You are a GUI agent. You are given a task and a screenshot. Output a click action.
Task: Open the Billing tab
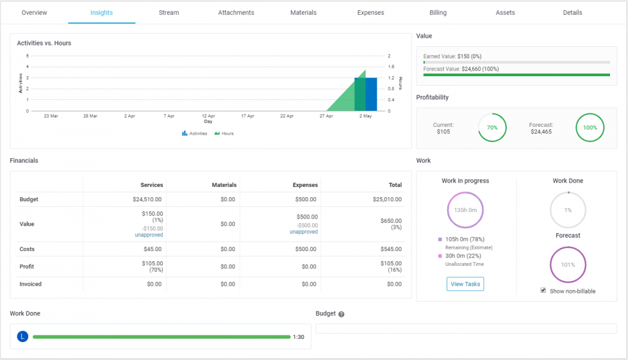coord(438,12)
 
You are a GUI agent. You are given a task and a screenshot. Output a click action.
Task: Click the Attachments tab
coord(236,12)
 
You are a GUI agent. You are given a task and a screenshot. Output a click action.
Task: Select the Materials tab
coord(303,12)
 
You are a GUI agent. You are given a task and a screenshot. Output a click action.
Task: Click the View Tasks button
coord(465,284)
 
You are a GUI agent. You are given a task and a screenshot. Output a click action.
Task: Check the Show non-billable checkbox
coord(543,290)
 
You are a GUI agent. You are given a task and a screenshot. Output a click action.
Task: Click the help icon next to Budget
coord(342,315)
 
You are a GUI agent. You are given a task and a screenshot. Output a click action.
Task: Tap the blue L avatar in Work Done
coord(23,336)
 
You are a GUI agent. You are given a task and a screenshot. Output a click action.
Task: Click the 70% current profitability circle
coord(492,127)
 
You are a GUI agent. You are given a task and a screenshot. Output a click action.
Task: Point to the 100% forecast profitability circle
coord(590,127)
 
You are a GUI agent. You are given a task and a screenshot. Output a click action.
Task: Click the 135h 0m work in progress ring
coord(465,210)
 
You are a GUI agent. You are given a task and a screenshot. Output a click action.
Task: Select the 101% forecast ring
coord(568,265)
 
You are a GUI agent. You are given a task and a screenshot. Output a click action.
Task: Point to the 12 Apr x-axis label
coord(208,117)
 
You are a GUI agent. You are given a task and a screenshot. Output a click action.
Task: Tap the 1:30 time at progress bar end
coord(299,337)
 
